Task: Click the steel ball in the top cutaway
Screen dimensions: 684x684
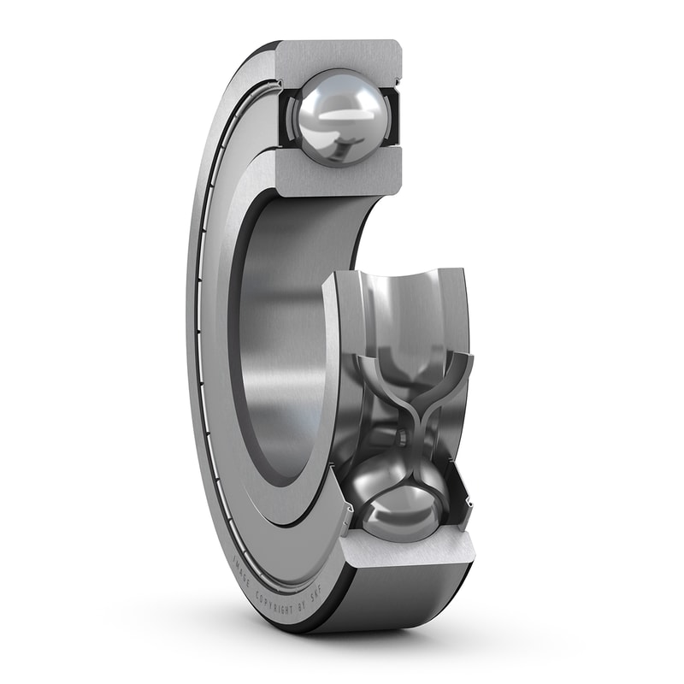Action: click(x=336, y=118)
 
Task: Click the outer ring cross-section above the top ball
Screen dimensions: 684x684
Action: click(x=338, y=55)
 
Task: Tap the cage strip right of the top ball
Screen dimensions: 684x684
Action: click(x=390, y=120)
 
